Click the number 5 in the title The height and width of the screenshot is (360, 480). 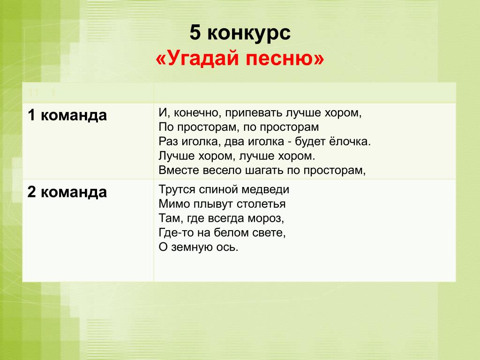[x=195, y=32]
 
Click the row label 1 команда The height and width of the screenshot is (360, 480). [x=67, y=116]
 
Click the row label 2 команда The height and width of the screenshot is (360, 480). [x=67, y=192]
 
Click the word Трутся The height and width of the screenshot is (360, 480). [x=177, y=190]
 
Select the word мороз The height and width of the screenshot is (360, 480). [x=266, y=218]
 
